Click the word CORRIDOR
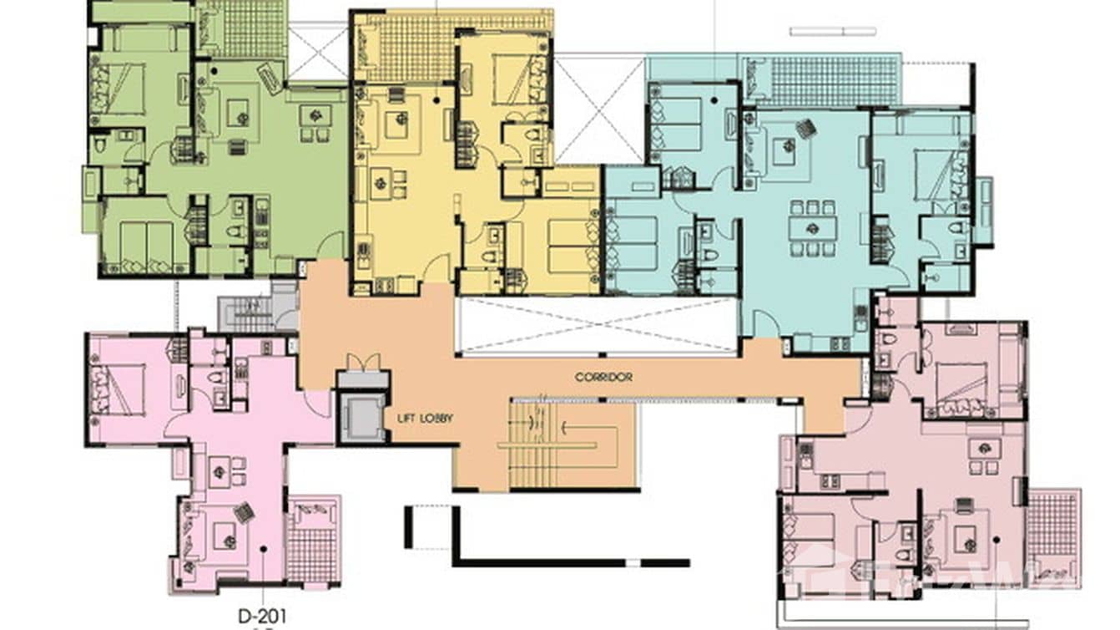[x=603, y=377]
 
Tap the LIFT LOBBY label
[x=426, y=418]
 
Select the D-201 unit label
[x=261, y=617]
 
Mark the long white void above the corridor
[x=598, y=326]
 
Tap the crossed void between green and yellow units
[x=317, y=53]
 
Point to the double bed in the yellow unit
[x=512, y=80]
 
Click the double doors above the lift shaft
[x=363, y=363]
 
